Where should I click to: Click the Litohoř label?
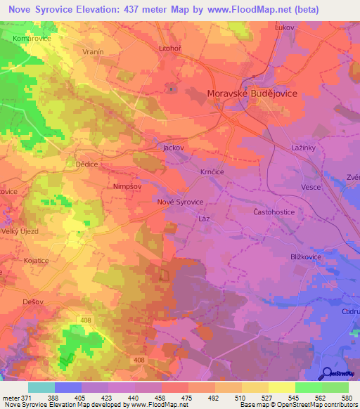coord(170,48)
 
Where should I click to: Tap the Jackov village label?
coord(173,148)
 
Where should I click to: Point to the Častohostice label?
coord(273,212)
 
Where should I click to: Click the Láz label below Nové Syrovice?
coord(204,219)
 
